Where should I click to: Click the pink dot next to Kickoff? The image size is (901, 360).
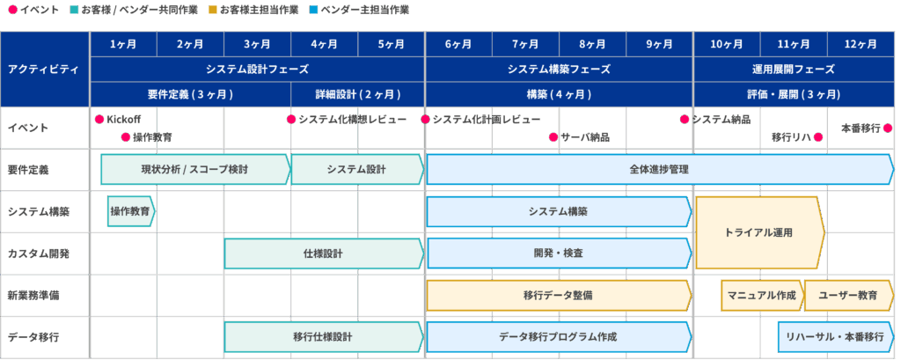pos(99,120)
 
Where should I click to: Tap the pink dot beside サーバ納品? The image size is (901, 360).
pos(553,137)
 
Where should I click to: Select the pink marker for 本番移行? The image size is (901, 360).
pos(888,129)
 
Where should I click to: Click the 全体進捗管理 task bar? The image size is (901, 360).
pos(660,170)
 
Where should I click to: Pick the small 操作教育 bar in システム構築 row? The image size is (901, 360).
pos(131,211)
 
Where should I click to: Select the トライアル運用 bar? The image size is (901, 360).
pos(759,233)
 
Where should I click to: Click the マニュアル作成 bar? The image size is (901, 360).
pos(762,296)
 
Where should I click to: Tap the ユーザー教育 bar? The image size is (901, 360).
pos(849,296)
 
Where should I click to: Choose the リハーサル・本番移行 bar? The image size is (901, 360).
pos(836,338)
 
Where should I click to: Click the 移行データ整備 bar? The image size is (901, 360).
pos(559,296)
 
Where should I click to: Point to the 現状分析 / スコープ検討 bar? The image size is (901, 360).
pos(195,170)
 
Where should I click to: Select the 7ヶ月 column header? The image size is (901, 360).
pos(525,44)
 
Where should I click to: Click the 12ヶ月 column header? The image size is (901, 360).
pos(861,44)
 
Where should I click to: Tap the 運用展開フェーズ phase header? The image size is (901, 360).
pos(794,70)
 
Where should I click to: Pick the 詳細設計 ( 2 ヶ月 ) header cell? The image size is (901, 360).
pos(357,94)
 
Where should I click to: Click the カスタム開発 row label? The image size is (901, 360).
pos(38,253)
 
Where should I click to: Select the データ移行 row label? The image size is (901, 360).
pos(33,338)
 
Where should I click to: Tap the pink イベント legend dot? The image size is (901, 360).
pos(12,10)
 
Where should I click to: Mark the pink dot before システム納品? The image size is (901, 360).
pos(685,120)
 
